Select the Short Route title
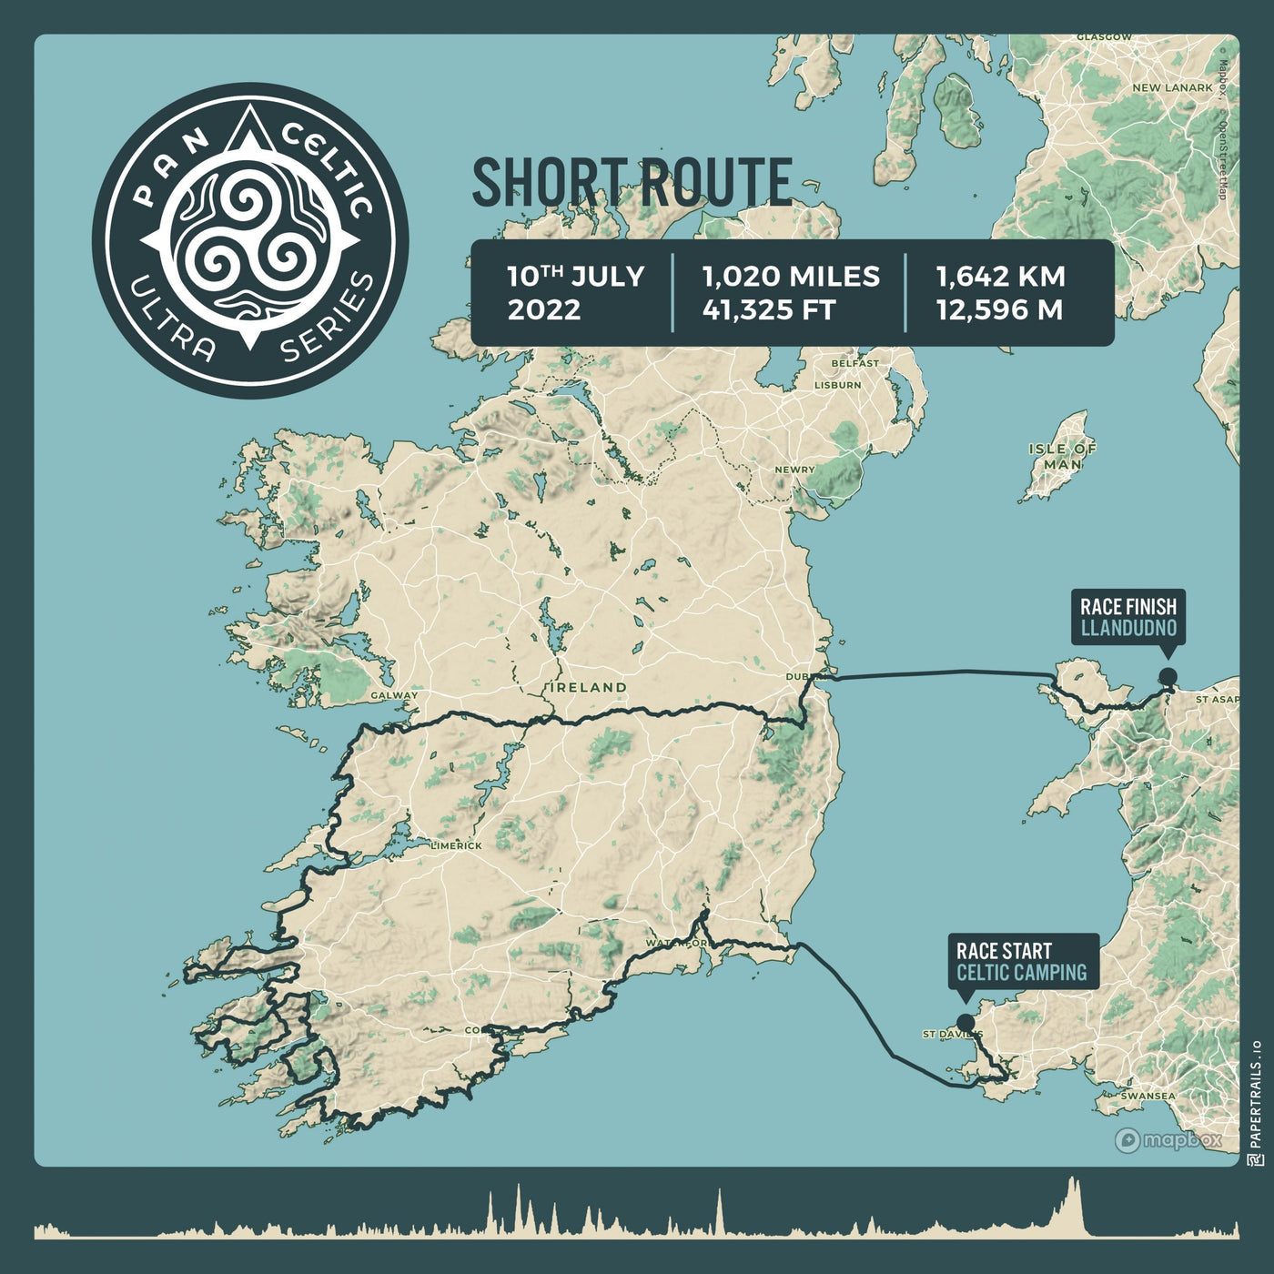(632, 181)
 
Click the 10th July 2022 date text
(575, 293)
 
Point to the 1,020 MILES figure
(791, 277)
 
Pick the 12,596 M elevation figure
(999, 310)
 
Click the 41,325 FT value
(769, 310)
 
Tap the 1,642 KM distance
(1001, 277)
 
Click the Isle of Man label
(1063, 456)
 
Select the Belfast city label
(855, 363)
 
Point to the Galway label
(394, 695)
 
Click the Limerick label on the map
(458, 845)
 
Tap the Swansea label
(1148, 1097)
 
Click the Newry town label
(795, 470)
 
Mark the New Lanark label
(1172, 88)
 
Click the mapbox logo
(1168, 1140)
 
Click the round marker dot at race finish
(1167, 676)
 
